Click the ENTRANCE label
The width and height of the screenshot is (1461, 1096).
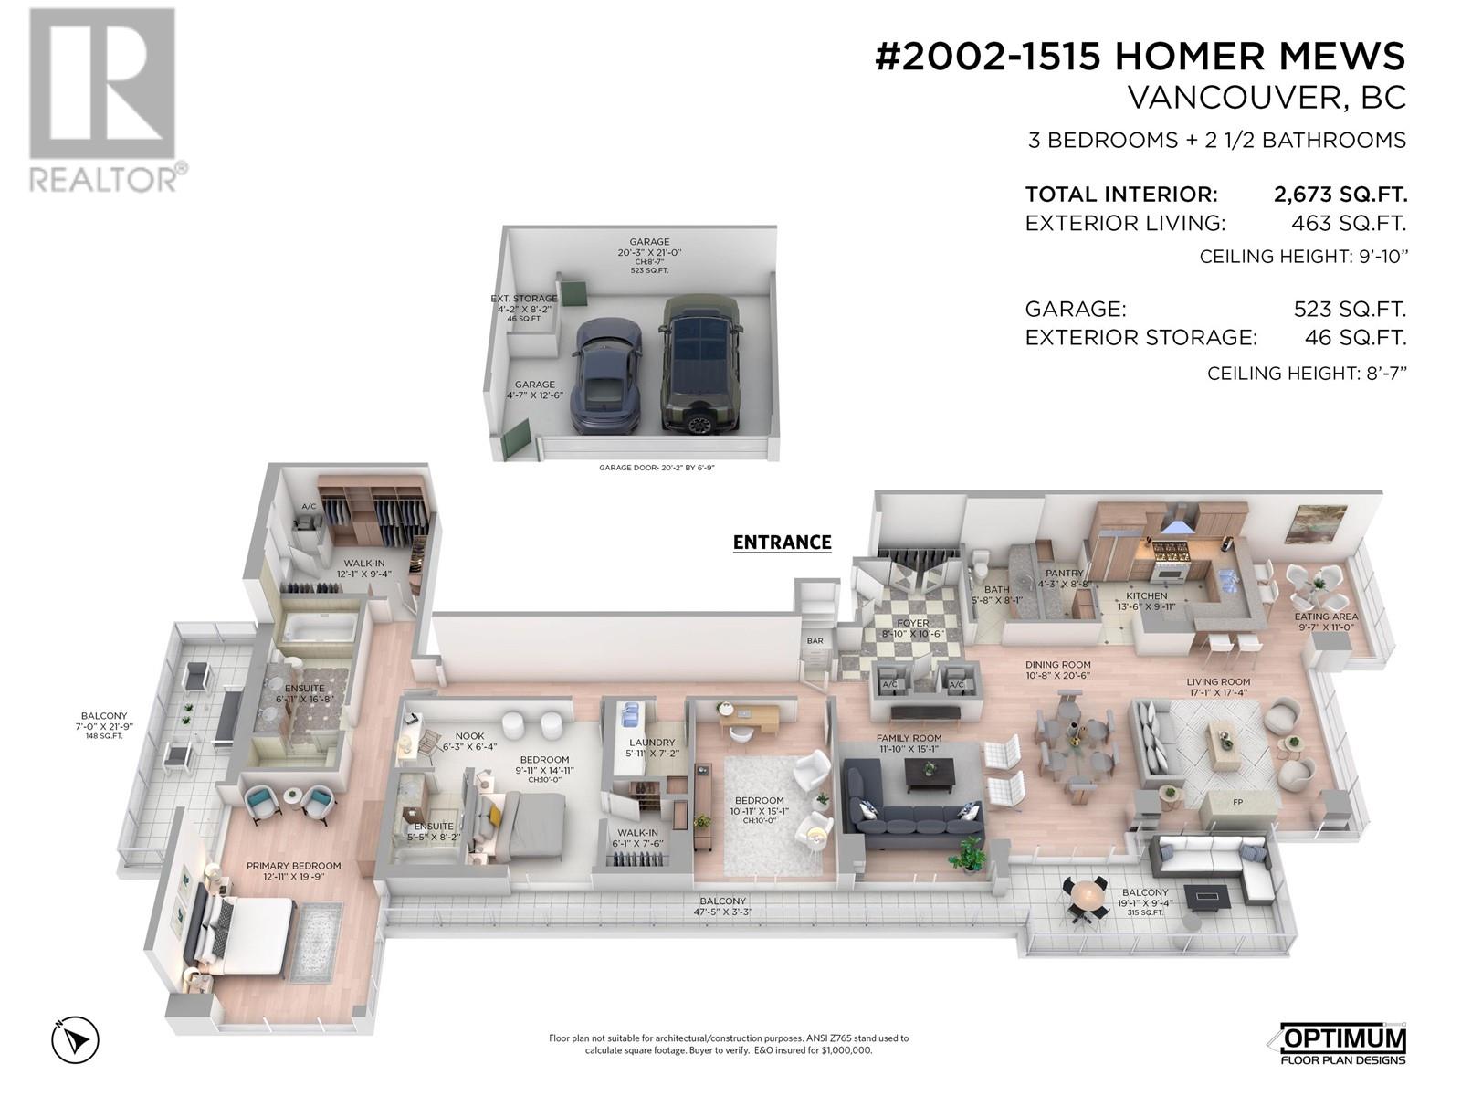tap(782, 543)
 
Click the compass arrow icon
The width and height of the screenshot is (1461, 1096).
tap(75, 1039)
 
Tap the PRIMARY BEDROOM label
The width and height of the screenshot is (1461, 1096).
tap(293, 866)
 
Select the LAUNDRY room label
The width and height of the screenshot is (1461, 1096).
tap(652, 743)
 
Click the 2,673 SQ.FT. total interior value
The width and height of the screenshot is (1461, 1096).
tap(1340, 195)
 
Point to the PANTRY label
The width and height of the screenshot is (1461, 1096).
tap(1064, 574)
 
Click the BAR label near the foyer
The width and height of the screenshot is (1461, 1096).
tap(815, 640)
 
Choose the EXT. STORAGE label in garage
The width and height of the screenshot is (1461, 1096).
tap(524, 299)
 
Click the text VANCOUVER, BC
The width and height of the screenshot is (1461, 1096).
tap(1267, 98)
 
